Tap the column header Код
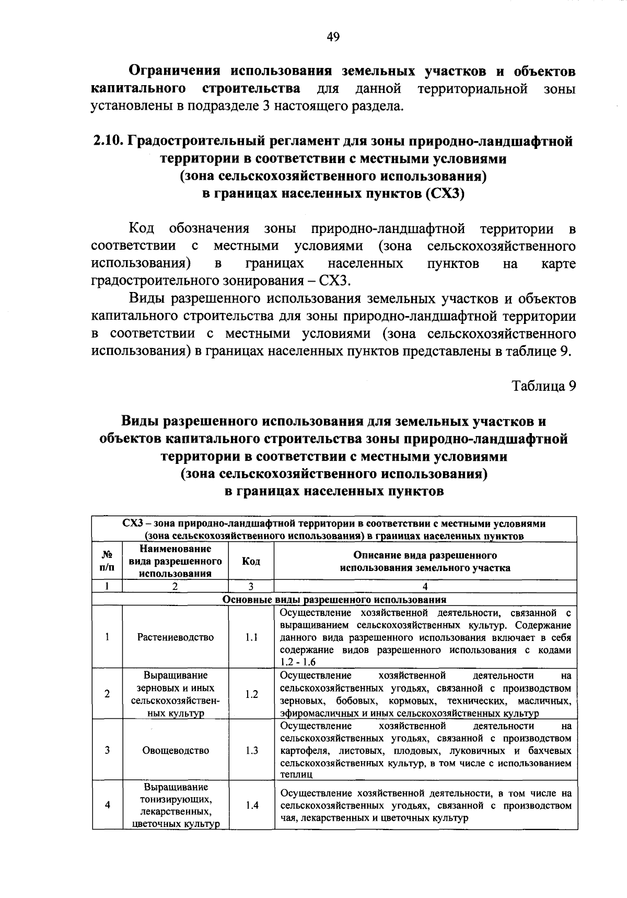point(251,561)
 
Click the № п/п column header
point(107,561)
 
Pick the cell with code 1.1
point(251,637)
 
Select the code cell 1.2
point(251,694)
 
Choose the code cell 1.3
point(251,750)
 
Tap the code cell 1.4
point(251,805)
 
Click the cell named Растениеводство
point(176,637)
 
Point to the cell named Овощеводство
point(176,750)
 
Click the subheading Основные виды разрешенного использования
point(334,600)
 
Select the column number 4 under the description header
point(425,587)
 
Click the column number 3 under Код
point(251,587)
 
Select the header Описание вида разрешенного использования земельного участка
point(425,561)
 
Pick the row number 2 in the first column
point(107,694)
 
